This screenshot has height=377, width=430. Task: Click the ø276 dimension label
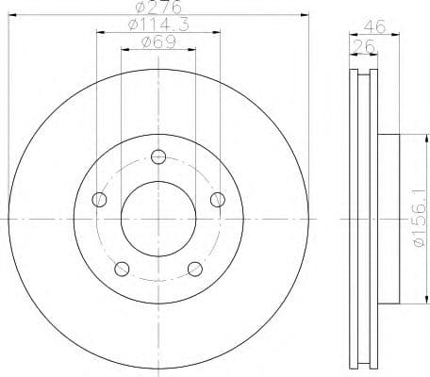[157, 8]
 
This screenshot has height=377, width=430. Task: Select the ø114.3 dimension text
[157, 26]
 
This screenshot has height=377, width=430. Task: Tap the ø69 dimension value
[157, 42]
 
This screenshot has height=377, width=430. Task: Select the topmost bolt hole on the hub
[158, 156]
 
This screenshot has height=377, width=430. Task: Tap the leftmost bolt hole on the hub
[100, 199]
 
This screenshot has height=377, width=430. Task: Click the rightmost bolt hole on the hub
[218, 198]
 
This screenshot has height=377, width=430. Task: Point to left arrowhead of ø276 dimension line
[11, 16]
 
